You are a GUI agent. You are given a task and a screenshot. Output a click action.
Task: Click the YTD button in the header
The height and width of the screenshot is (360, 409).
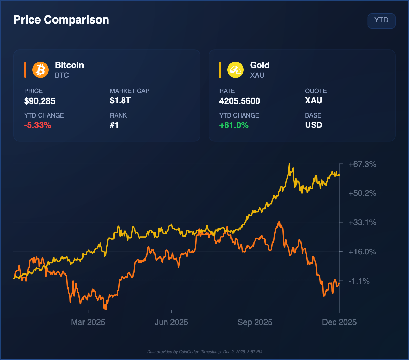click(381, 20)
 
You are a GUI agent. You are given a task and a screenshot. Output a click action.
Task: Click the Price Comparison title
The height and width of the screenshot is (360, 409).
click(61, 20)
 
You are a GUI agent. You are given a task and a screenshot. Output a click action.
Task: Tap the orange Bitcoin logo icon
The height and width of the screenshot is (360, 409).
click(41, 70)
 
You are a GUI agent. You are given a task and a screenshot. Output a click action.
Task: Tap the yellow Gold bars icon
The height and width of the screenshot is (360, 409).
click(236, 70)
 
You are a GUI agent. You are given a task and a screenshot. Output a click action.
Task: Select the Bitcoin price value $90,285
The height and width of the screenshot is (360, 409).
click(40, 101)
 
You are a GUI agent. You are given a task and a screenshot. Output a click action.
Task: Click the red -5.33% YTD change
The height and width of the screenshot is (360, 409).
click(37, 125)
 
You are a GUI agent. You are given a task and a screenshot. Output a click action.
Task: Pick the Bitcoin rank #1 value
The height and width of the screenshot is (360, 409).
click(114, 125)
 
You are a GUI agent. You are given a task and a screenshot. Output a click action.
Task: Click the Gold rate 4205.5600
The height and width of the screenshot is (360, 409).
click(240, 101)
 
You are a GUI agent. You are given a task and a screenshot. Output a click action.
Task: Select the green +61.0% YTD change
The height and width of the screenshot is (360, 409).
click(234, 125)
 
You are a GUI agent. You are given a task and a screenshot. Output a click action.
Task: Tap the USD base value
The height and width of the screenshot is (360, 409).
click(314, 125)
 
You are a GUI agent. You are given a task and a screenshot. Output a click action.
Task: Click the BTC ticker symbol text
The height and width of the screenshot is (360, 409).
click(62, 75)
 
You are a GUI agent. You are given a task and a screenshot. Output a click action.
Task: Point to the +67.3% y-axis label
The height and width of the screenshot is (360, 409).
click(362, 165)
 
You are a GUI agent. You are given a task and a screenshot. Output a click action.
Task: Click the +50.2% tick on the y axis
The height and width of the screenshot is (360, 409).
click(362, 193)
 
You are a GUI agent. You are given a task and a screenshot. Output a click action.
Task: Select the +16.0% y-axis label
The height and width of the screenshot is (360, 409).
click(362, 252)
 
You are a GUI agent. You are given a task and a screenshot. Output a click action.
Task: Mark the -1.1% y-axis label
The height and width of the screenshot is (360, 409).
click(359, 281)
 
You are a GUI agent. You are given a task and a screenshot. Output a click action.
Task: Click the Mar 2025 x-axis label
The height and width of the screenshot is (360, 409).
click(88, 322)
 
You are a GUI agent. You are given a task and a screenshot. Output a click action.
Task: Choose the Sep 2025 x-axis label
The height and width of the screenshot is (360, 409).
click(255, 322)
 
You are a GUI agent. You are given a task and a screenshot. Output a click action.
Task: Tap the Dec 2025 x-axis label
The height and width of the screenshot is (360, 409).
click(339, 322)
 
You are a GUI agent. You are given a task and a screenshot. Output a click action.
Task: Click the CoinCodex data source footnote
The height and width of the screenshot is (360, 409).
click(204, 352)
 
